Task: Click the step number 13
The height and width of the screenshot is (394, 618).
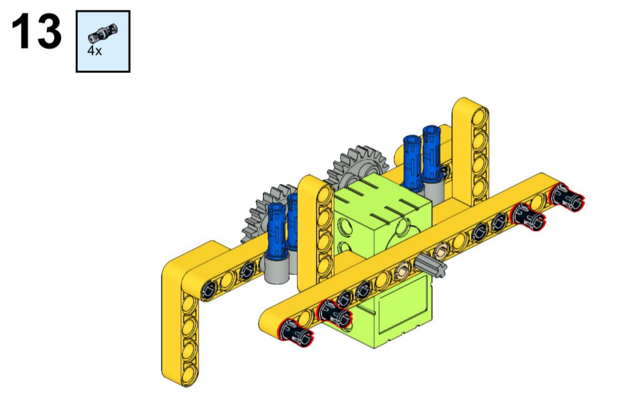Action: [37, 31]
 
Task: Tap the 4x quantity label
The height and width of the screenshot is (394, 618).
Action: [95, 51]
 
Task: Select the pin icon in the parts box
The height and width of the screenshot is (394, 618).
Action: [103, 33]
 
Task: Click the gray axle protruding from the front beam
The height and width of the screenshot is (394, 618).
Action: [430, 266]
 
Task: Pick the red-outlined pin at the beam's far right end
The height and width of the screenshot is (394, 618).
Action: [567, 198]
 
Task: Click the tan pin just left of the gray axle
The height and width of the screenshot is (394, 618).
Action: [403, 270]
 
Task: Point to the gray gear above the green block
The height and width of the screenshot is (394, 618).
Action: [357, 165]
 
